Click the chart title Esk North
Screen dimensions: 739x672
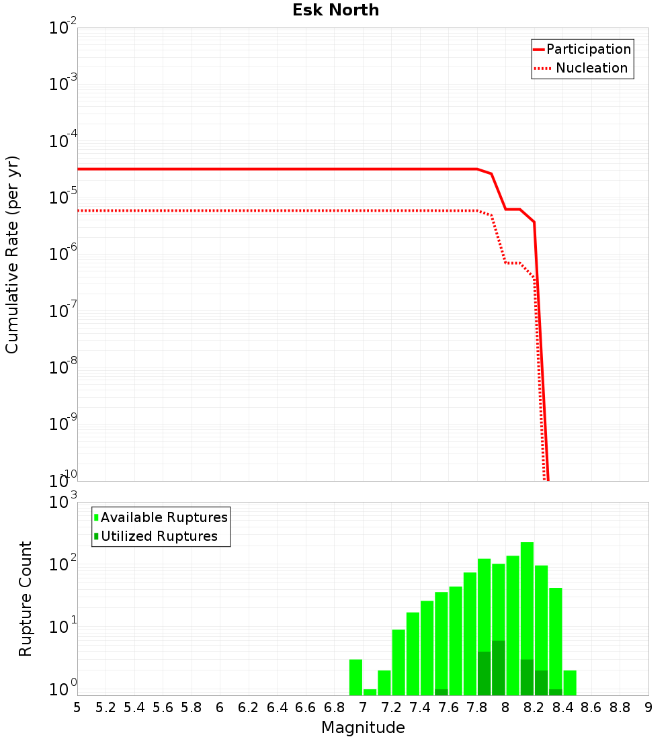tap(335, 10)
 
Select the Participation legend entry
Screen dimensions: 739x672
tap(588, 49)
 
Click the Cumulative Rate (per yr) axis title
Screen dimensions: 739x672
tap(12, 254)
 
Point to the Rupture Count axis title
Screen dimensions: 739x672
tap(26, 599)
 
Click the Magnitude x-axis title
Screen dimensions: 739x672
tap(363, 728)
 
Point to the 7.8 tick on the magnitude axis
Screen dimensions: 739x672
tap(477, 707)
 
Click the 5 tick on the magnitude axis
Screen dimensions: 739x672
tap(77, 707)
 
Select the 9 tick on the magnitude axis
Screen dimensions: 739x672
tap(648, 707)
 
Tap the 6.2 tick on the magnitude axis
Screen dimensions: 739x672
tap(249, 707)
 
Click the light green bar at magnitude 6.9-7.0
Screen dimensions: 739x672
tap(355, 677)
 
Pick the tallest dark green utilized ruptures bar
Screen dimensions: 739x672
tap(498, 668)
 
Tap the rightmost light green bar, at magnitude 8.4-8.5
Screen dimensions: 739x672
tap(570, 683)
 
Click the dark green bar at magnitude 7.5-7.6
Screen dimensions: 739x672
tap(441, 692)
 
